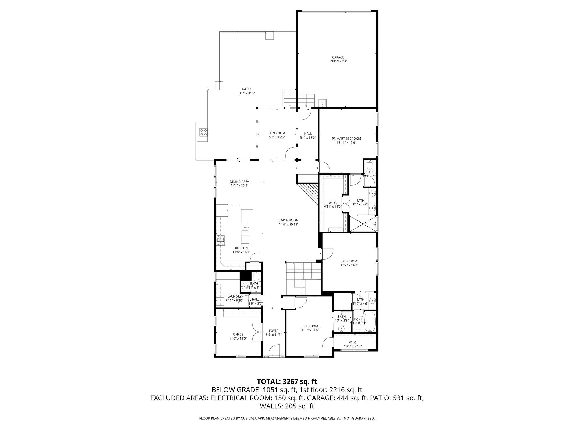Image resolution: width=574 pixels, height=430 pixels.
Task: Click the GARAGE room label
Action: coord(338,57)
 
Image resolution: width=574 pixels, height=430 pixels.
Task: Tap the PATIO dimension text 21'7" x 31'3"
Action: coord(247,93)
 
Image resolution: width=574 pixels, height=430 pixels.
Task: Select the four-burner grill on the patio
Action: coord(203,132)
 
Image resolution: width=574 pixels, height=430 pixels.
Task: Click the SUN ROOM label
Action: coord(277,133)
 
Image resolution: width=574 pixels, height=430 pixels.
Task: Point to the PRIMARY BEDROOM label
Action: coord(346,139)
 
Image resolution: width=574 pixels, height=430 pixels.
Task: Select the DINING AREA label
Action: coord(239,181)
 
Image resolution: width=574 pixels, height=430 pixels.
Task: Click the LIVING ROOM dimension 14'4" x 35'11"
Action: coord(288,224)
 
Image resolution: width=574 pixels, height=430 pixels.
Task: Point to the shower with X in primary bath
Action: coord(363,224)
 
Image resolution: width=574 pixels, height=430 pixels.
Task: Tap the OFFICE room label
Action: coord(238,334)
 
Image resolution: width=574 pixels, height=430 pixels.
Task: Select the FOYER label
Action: coord(274,331)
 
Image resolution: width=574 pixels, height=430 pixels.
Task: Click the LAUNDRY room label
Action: coord(234,296)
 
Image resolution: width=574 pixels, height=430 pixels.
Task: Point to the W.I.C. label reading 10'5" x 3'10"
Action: coord(353,346)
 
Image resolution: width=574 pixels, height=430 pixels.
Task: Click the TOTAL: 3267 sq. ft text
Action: coord(287,381)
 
